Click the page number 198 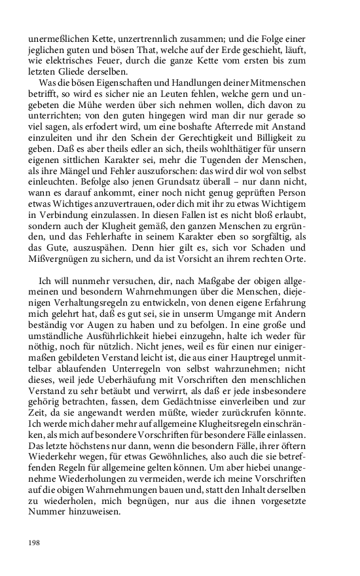tap(35, 543)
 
